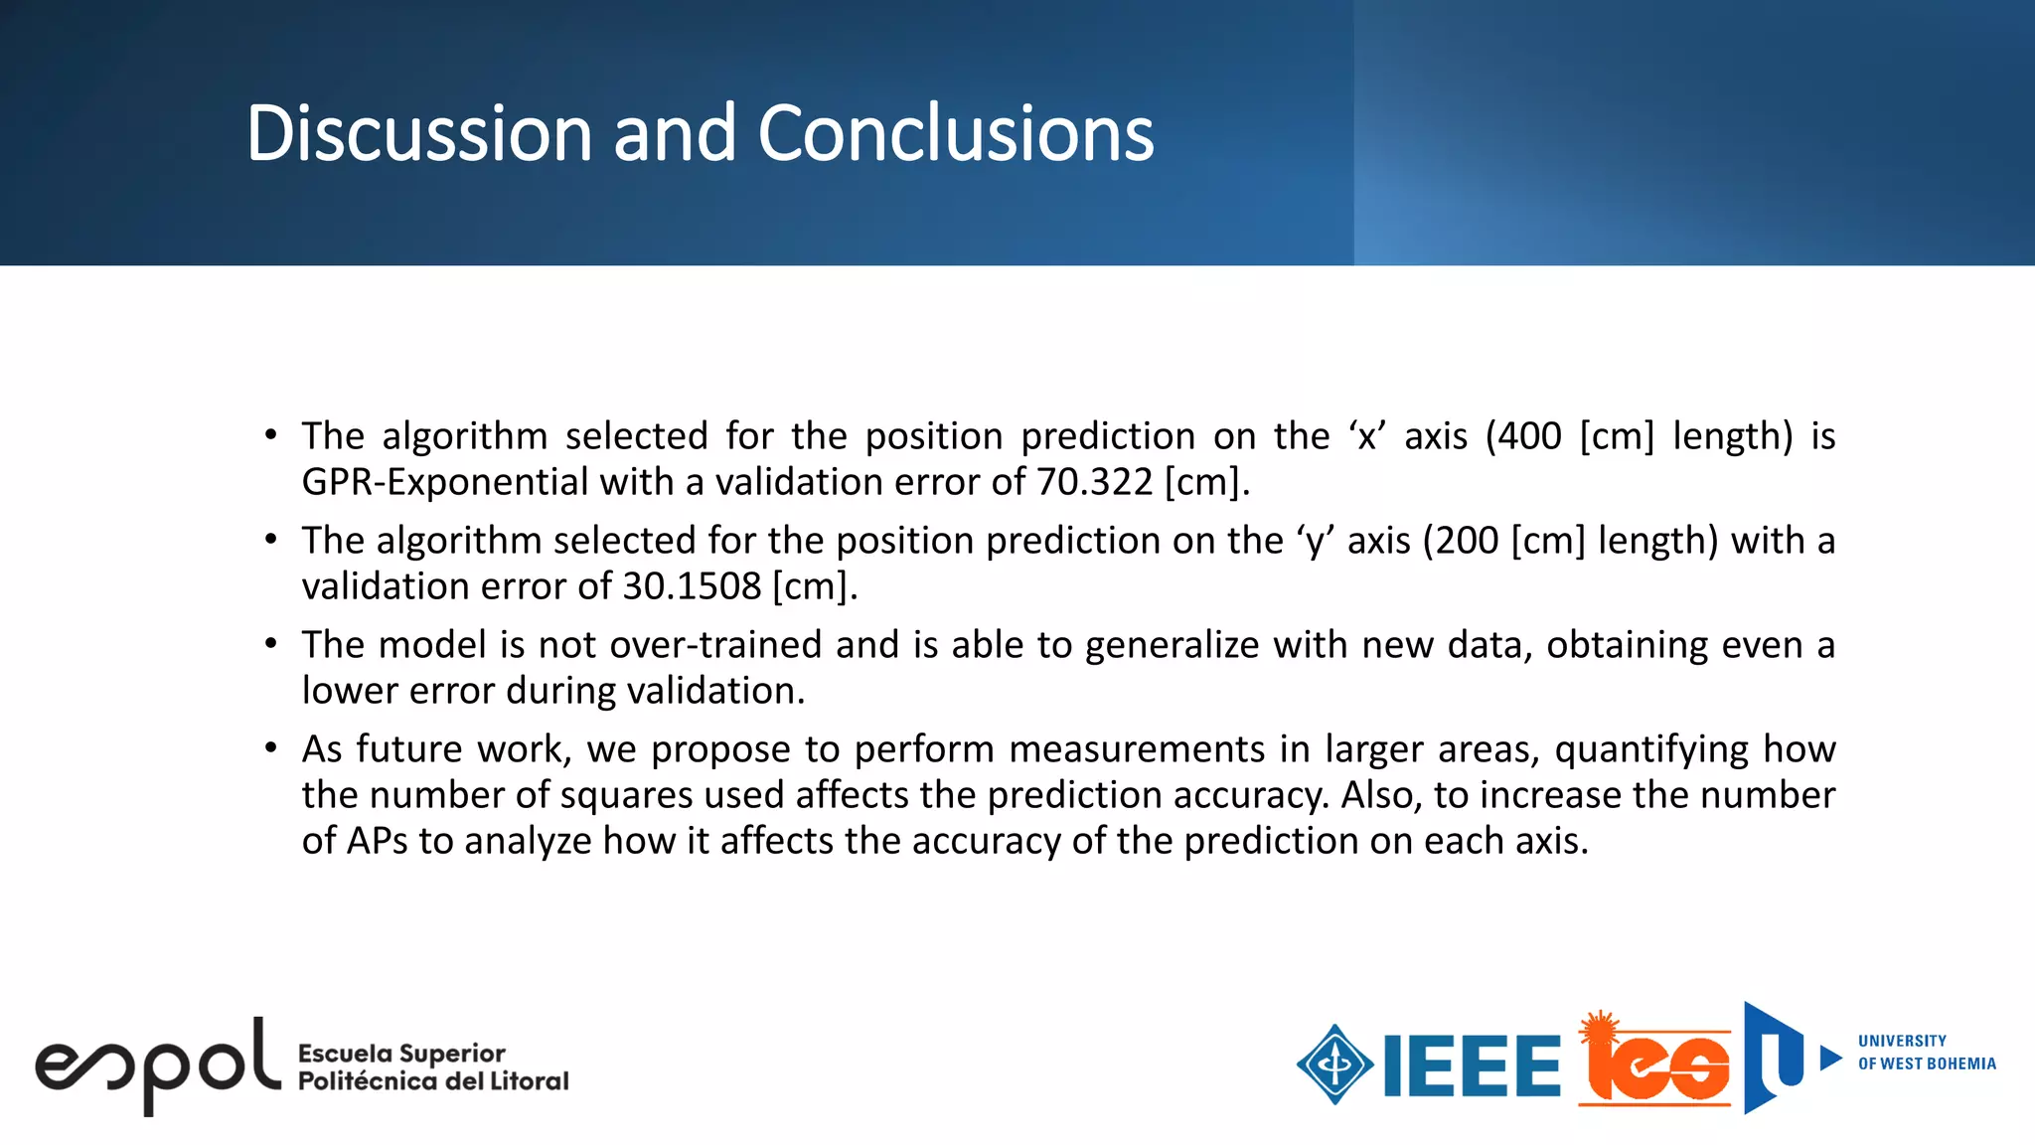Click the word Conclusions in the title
955,133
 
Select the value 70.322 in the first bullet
1094,482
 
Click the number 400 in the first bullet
1529,436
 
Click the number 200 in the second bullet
1467,541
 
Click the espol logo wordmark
157,1065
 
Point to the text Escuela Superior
401,1053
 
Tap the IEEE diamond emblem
1334,1064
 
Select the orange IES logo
1654,1061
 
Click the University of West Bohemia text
1926,1053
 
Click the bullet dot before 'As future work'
270,747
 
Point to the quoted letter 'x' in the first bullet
1367,436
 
